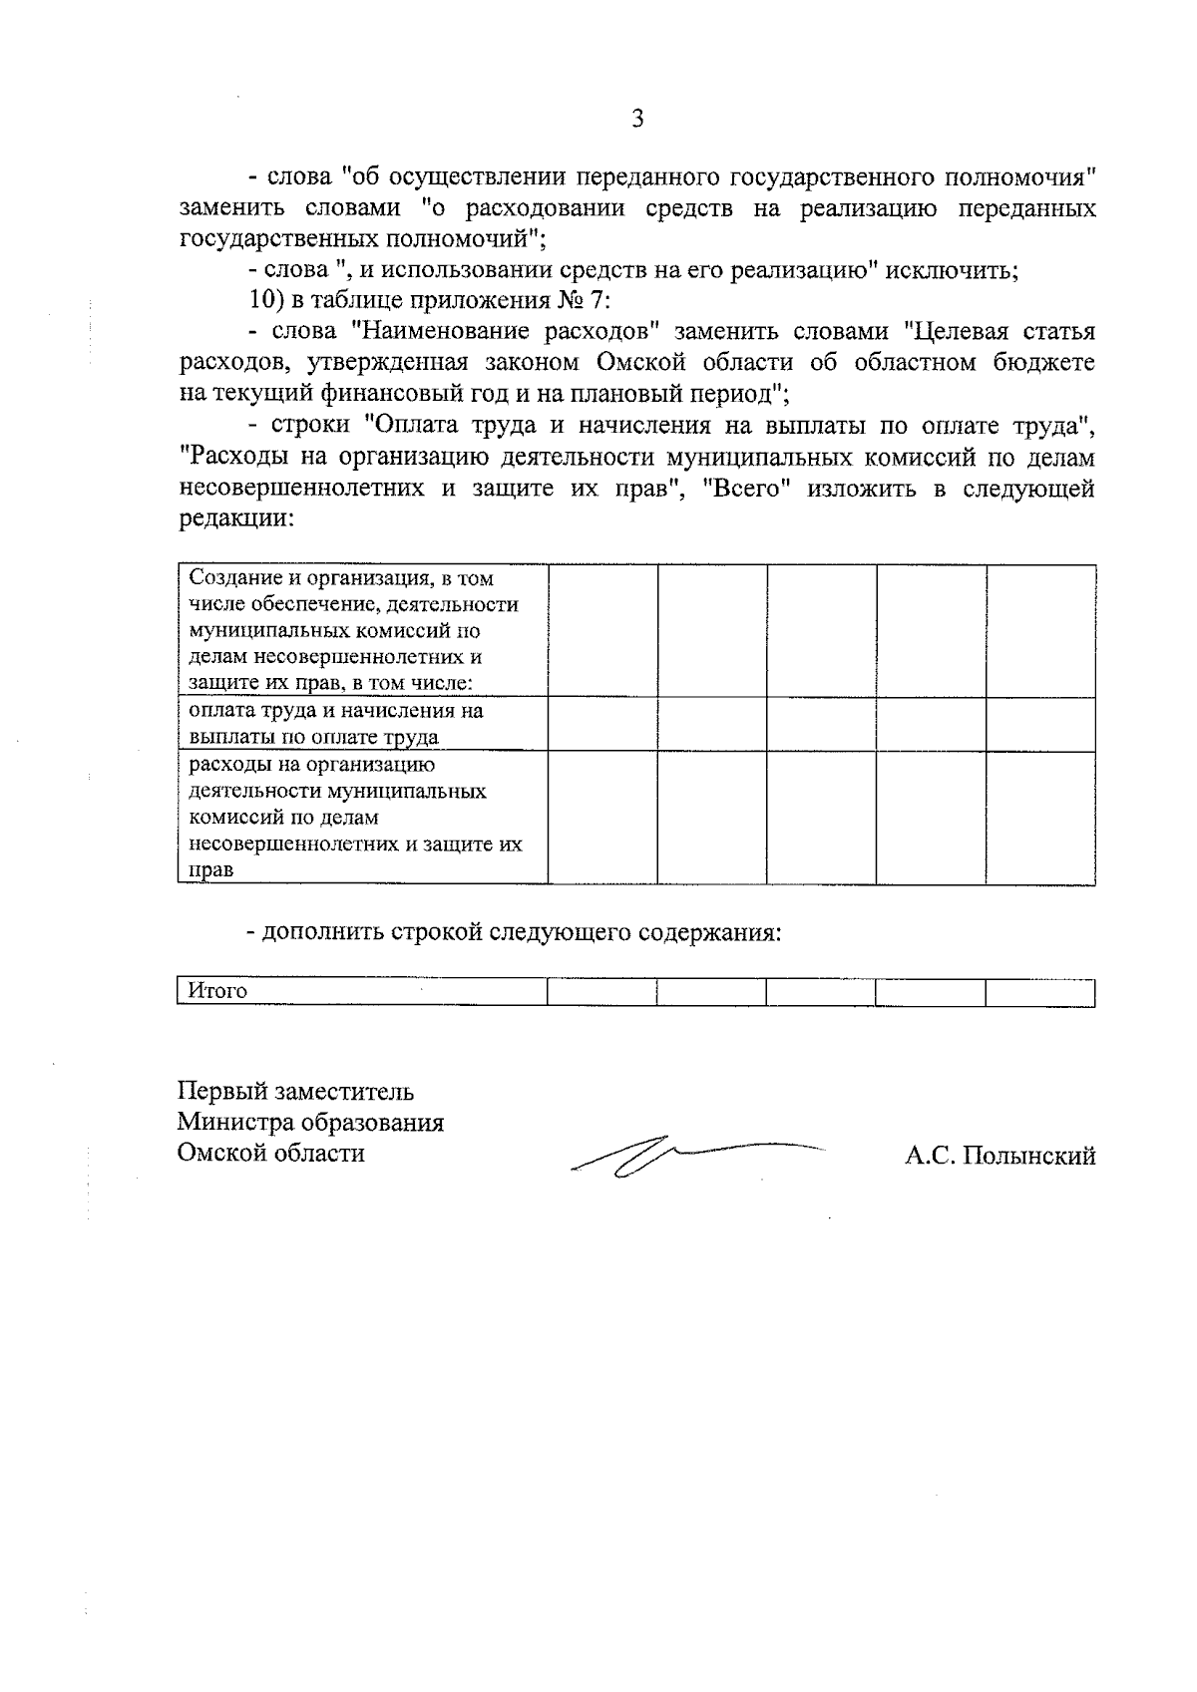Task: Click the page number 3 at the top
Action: click(x=637, y=120)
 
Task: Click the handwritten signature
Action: click(x=688, y=1157)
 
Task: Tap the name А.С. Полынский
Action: click(x=999, y=1156)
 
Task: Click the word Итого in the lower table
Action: click(x=217, y=991)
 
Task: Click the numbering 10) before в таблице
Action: click(x=266, y=300)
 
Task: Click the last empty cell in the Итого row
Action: click(x=1039, y=991)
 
